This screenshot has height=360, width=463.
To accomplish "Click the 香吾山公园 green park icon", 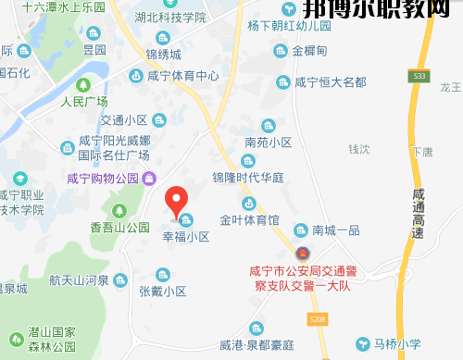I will (119, 210).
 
